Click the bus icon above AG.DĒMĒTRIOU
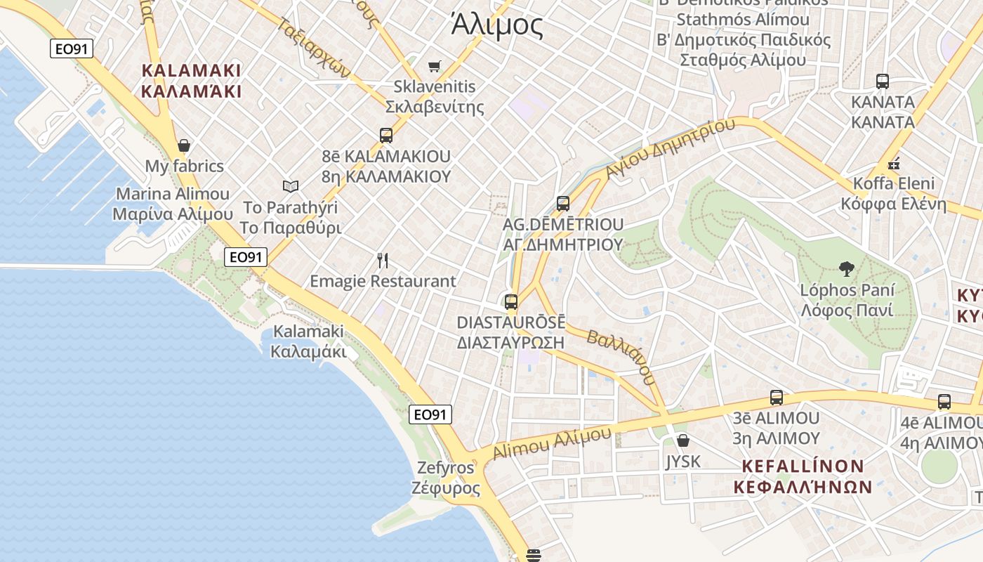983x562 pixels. [562, 204]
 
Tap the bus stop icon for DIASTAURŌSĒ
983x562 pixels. [510, 302]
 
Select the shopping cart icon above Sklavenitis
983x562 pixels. [435, 67]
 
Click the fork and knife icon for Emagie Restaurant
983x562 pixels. [383, 261]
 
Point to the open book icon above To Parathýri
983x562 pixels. [291, 186]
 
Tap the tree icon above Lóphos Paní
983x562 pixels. [847, 268]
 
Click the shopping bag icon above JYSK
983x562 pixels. [682, 440]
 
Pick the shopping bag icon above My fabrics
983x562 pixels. [184, 145]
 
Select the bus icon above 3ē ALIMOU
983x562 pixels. [776, 397]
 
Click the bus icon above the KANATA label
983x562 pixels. [883, 81]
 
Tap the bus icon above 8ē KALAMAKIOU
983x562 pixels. [385, 136]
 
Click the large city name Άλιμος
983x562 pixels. [497, 26]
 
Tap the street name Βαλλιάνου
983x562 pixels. [621, 358]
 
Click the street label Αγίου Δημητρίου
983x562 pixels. [670, 148]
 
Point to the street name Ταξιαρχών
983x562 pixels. [315, 46]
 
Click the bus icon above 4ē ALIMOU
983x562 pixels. [944, 402]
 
